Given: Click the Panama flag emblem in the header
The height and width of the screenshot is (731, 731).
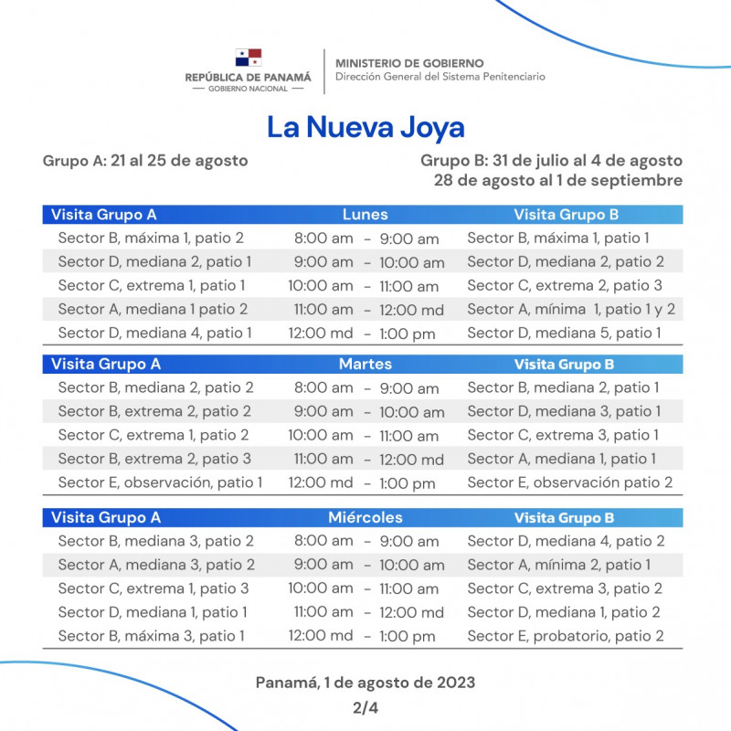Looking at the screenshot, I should [x=248, y=58].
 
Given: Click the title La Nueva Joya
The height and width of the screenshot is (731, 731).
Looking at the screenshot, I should [x=365, y=127].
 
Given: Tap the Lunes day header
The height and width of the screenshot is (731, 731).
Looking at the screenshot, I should [x=365, y=215].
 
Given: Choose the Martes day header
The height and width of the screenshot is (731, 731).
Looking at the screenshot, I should [x=365, y=364].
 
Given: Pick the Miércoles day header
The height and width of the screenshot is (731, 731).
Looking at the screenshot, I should [x=365, y=517].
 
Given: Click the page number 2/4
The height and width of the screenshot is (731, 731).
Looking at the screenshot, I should [x=365, y=707].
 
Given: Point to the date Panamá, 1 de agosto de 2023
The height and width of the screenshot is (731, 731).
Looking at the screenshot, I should [x=365, y=683].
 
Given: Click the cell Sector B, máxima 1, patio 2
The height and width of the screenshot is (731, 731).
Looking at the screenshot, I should [x=151, y=238].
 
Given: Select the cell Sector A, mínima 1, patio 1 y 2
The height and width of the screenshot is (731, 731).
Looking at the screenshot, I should [x=571, y=310].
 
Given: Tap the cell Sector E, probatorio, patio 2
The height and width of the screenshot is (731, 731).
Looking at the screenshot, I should [x=566, y=636].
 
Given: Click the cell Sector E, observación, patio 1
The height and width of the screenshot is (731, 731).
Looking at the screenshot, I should [x=160, y=482].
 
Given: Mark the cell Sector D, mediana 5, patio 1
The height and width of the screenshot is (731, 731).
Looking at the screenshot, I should [x=564, y=334].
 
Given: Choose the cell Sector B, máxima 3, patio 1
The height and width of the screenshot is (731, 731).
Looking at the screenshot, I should [x=151, y=636].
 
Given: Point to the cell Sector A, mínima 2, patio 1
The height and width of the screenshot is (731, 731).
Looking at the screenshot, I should [x=559, y=565].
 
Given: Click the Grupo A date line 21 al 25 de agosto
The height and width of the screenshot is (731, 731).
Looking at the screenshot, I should [x=145, y=160].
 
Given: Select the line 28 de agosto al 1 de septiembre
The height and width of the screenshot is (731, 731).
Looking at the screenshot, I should [x=558, y=180].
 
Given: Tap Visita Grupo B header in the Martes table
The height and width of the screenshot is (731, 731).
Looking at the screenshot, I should [x=564, y=365].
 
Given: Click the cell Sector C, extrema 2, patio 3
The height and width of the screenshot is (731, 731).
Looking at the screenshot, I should [x=565, y=285].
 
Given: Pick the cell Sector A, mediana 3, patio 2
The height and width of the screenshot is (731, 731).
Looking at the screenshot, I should [x=156, y=565].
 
